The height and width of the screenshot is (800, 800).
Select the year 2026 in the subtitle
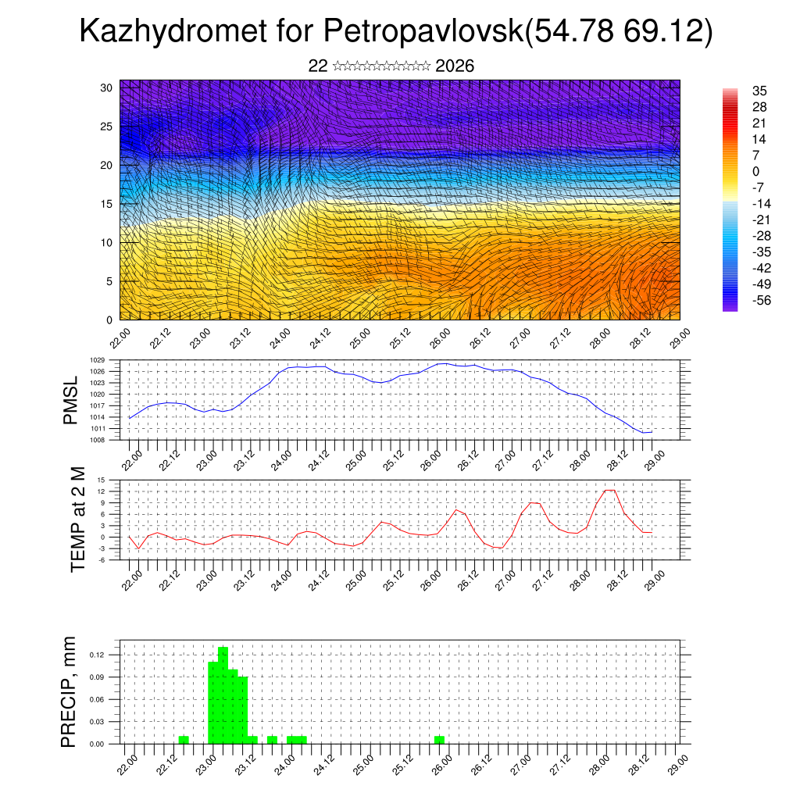click(455, 66)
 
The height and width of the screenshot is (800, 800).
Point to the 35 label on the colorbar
click(759, 91)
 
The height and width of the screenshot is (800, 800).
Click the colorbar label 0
click(755, 171)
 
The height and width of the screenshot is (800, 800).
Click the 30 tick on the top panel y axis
click(107, 87)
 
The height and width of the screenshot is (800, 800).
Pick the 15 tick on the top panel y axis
click(107, 204)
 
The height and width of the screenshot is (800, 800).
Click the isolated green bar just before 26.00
click(440, 739)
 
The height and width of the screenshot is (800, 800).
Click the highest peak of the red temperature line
click(610, 490)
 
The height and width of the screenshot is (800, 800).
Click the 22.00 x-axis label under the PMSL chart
click(131, 457)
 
